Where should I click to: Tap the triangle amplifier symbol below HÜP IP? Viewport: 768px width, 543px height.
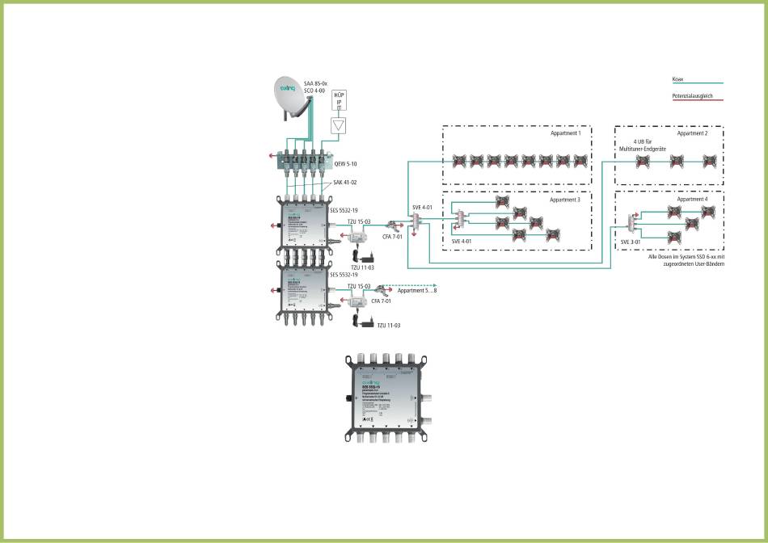tap(339, 125)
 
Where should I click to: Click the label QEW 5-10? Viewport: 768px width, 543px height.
tap(346, 164)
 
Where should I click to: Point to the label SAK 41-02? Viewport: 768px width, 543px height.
tap(345, 183)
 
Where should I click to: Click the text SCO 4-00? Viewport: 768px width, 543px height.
tap(315, 91)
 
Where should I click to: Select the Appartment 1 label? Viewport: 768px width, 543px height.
tap(566, 133)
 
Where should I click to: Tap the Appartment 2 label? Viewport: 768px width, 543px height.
tap(692, 133)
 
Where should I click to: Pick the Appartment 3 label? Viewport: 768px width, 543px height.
tap(566, 199)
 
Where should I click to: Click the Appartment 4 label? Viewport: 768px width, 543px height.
tap(692, 199)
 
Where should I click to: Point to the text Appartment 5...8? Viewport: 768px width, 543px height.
tap(417, 288)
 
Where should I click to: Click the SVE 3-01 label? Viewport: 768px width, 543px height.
tap(631, 242)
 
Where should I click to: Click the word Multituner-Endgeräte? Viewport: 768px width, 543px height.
tap(643, 149)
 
